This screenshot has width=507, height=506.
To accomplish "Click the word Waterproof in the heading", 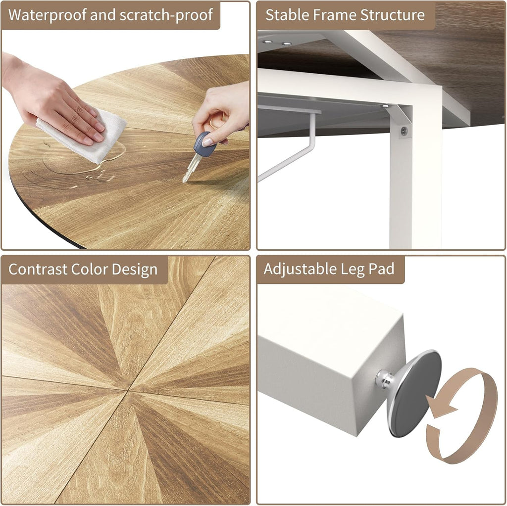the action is point(48,15).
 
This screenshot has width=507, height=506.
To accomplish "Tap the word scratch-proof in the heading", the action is point(166,15).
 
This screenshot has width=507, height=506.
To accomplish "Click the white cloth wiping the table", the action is point(83,136).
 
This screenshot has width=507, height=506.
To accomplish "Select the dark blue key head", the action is point(204,144).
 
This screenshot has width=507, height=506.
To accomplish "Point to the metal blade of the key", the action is point(191,168).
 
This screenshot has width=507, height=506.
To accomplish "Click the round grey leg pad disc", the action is point(414,393).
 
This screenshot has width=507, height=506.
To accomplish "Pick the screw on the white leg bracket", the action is point(404,131).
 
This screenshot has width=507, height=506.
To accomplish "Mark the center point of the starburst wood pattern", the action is point(128,391).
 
